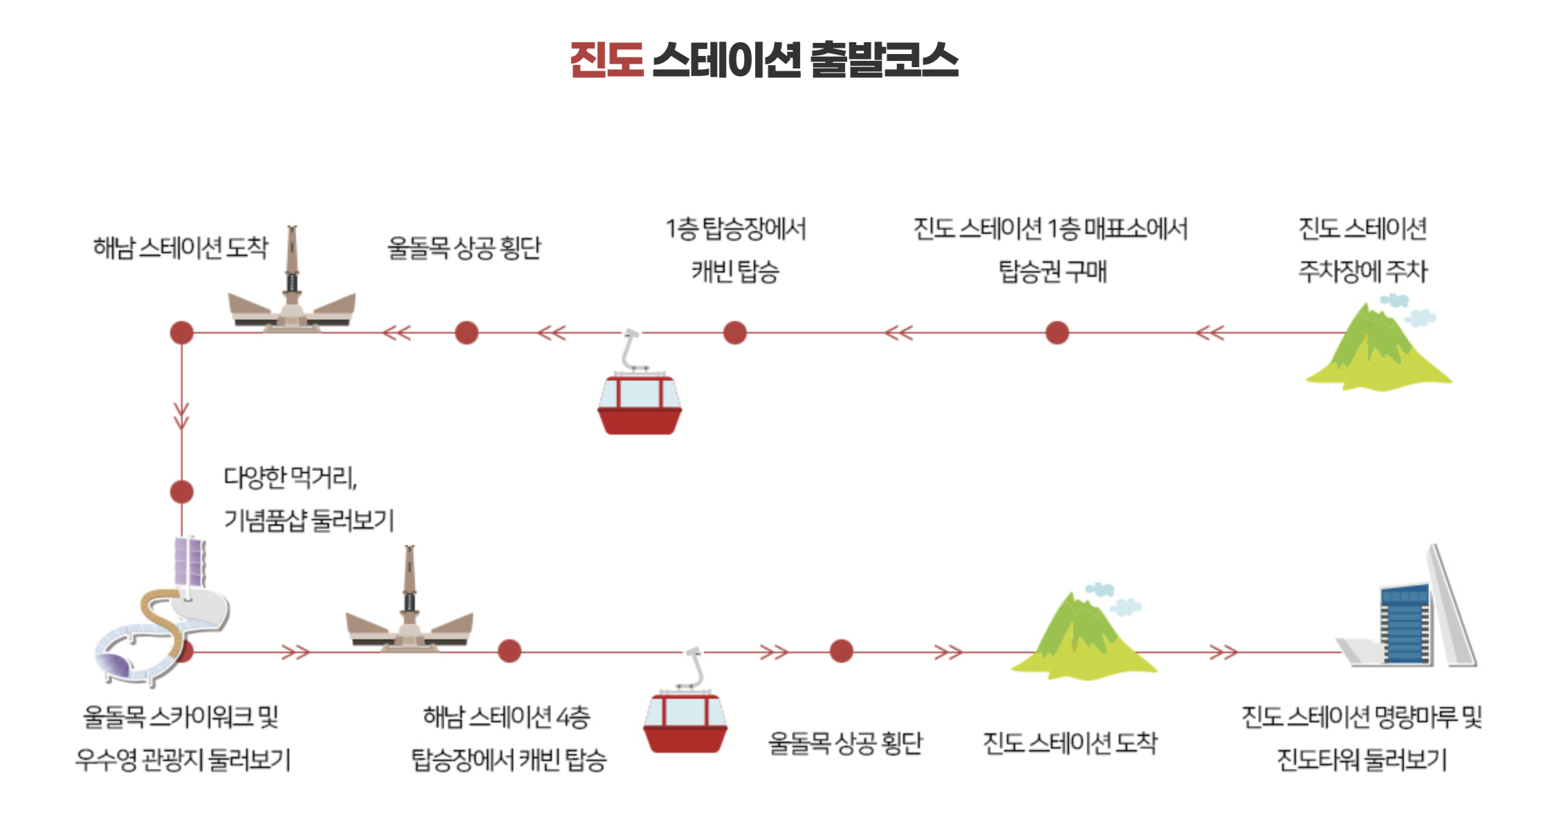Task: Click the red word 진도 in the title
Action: [607, 60]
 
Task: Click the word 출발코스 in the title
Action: [884, 60]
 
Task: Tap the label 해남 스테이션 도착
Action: [181, 247]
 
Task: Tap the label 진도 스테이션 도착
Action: [1070, 743]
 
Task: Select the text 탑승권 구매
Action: [1053, 271]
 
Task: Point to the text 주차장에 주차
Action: [1362, 271]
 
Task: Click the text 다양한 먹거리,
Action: [290, 477]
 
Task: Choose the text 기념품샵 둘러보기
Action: [308, 520]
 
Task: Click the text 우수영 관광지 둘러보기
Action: [183, 760]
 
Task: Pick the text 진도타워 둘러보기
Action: [1361, 760]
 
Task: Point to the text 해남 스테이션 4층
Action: [506, 717]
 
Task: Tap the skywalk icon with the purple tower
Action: [163, 616]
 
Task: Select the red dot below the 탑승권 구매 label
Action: [1057, 333]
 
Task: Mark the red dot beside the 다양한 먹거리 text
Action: [182, 492]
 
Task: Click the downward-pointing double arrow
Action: [182, 416]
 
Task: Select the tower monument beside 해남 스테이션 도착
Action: [292, 284]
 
